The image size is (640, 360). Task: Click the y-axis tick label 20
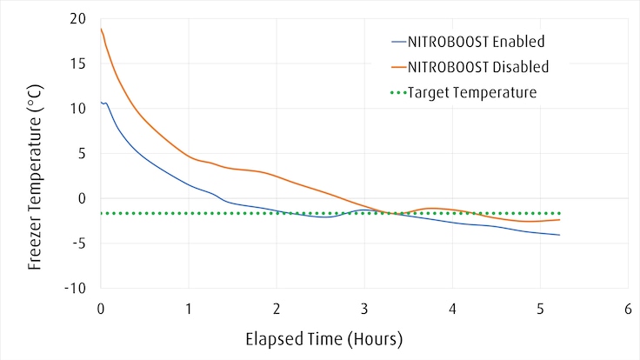point(79,18)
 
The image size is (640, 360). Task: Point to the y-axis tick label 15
point(80,63)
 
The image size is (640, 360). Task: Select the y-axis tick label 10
point(79,109)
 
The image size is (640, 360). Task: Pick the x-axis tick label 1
point(189,309)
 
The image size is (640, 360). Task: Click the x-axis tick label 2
point(277,309)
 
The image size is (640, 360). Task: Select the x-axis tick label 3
point(364,309)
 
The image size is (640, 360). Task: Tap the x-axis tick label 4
point(452,309)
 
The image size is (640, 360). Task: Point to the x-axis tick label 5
point(540,309)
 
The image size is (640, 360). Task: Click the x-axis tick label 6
point(628,309)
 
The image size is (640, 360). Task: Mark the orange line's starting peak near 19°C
point(102,29)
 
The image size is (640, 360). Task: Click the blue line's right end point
point(559,235)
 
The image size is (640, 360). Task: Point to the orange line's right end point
point(559,219)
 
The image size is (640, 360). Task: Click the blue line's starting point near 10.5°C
point(101,103)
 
